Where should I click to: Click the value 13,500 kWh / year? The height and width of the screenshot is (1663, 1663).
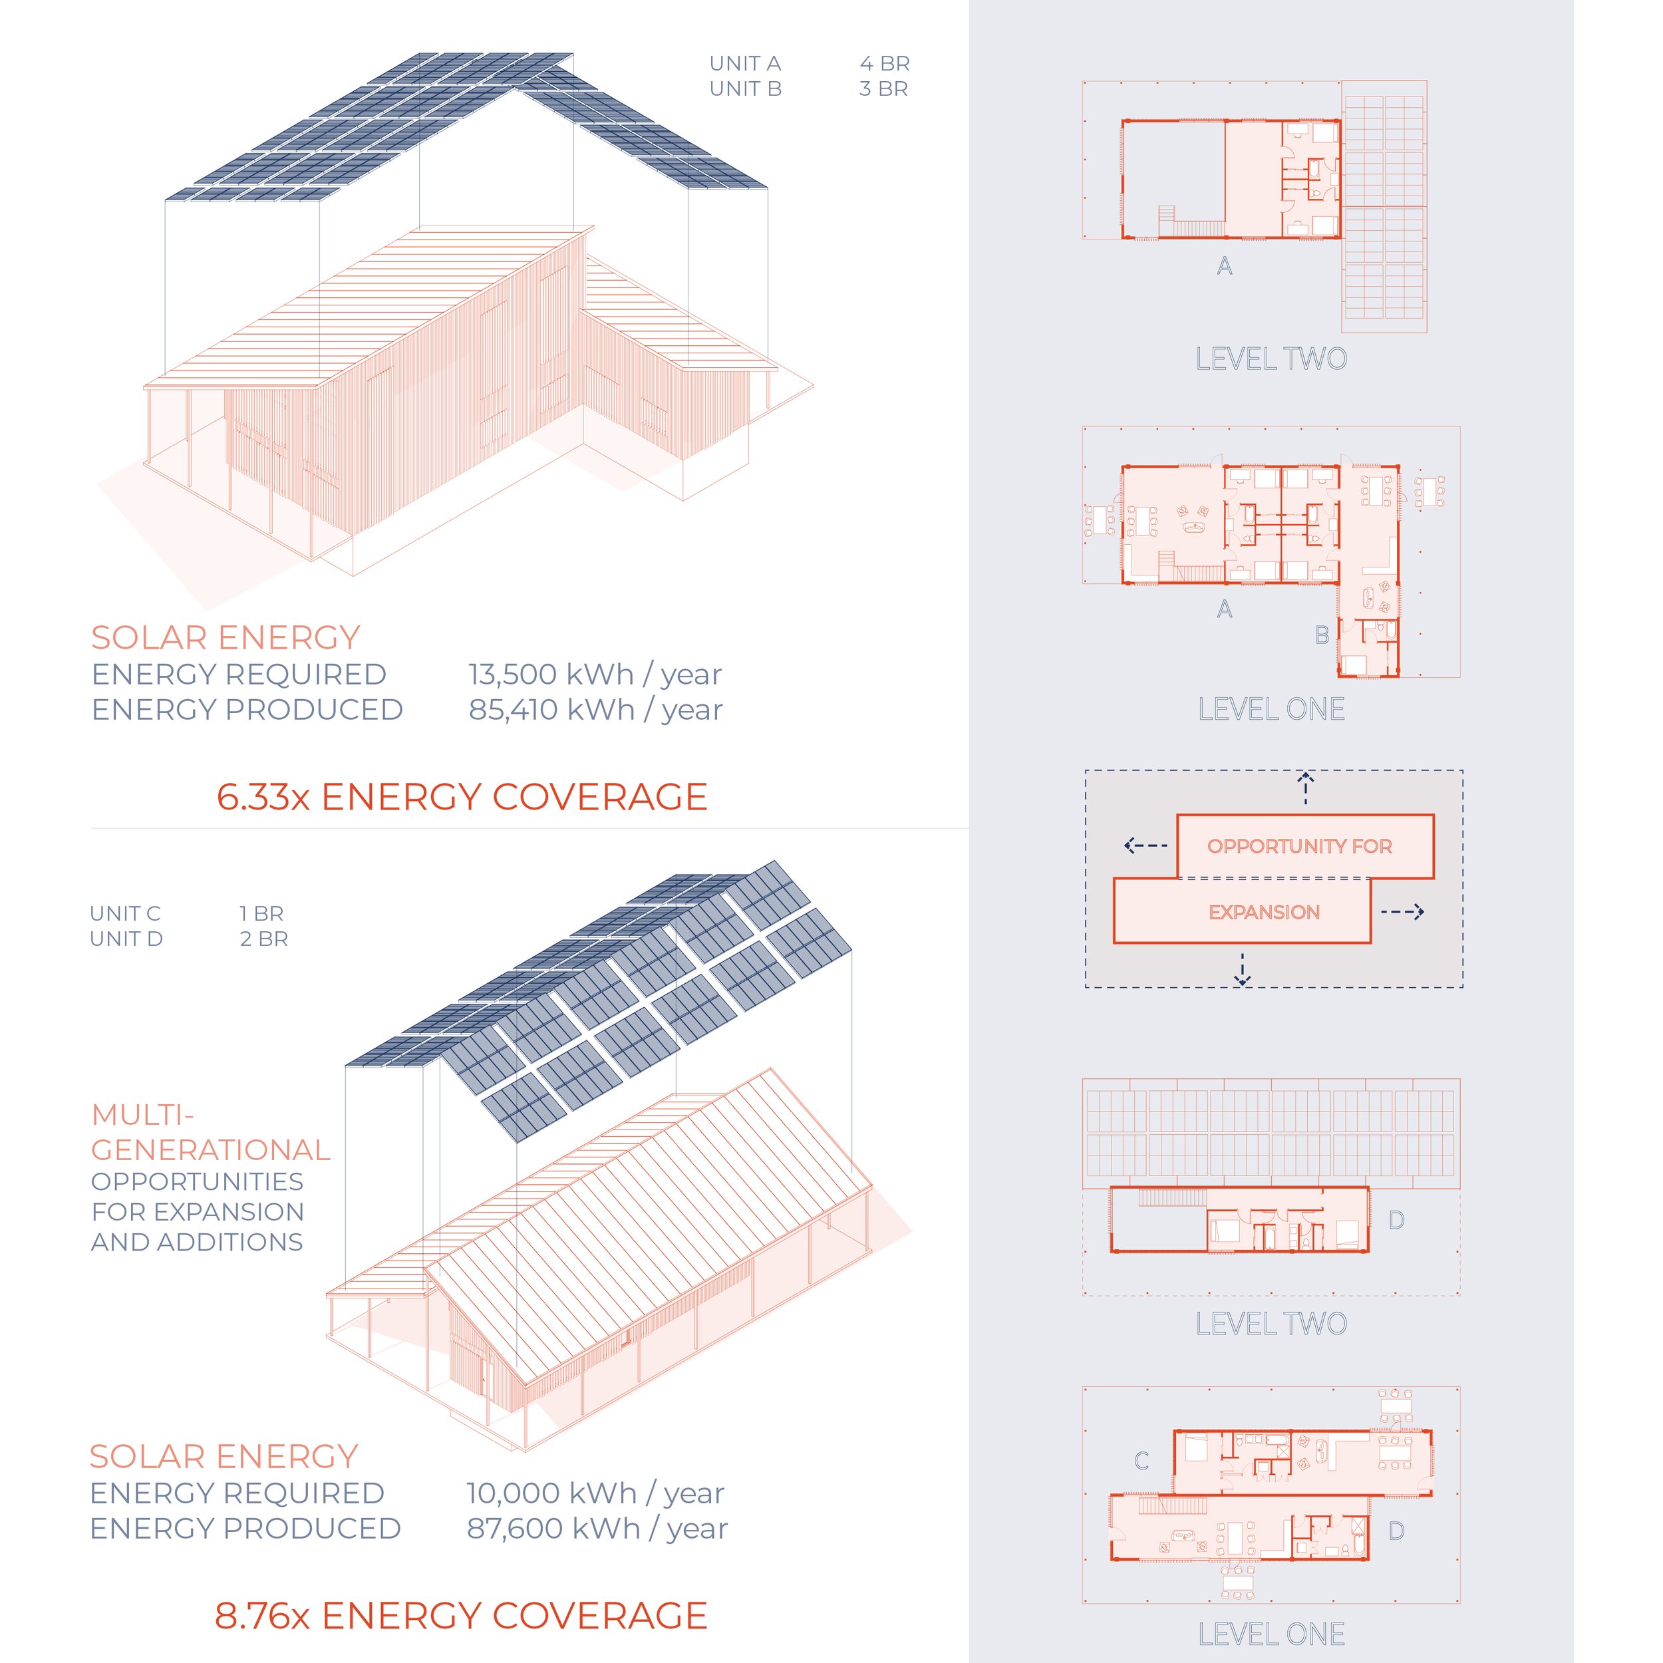595,675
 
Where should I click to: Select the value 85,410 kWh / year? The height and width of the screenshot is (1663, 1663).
595,710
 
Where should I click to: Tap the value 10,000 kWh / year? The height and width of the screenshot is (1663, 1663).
595,1493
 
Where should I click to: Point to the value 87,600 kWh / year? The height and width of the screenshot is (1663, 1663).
597,1529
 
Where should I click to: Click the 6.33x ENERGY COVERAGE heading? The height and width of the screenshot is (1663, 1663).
462,797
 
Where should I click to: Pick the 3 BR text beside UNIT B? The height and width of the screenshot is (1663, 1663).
884,88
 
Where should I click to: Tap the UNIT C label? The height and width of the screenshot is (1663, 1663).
126,913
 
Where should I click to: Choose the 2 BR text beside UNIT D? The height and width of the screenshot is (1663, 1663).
264,939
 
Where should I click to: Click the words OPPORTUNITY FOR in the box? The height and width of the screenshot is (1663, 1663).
1300,846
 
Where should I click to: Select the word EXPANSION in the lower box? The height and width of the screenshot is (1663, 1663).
1265,913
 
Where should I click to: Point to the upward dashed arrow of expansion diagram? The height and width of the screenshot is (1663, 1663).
1306,788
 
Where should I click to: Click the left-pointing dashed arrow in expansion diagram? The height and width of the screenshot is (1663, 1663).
1145,845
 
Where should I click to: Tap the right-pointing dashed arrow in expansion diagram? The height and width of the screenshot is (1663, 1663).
1403,911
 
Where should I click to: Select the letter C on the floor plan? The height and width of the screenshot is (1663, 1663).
1142,1461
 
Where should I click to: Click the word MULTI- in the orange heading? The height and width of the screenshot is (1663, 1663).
143,1116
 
